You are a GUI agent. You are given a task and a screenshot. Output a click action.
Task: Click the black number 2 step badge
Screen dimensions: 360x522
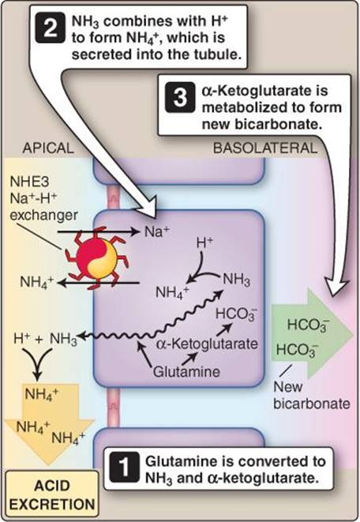[x=49, y=28]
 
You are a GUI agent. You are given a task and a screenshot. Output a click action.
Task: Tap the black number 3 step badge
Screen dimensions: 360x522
[x=180, y=98]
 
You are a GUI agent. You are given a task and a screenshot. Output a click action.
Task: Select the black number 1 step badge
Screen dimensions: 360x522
[x=125, y=467]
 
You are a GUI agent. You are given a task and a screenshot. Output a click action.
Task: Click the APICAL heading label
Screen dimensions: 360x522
[x=48, y=148]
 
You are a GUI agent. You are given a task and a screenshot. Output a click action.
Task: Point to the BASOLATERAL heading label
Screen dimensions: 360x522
[x=265, y=148]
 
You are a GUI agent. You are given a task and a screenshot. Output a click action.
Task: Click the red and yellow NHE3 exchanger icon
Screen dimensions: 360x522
[x=96, y=257]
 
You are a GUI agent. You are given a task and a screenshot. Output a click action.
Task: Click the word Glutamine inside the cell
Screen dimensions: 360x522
[x=186, y=371]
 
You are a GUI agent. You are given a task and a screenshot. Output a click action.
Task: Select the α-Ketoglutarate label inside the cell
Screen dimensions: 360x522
[x=207, y=344]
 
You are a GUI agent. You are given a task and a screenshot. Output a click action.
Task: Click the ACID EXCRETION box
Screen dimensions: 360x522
[x=52, y=495]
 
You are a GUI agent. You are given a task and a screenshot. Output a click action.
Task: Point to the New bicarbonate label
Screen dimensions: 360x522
[x=311, y=395]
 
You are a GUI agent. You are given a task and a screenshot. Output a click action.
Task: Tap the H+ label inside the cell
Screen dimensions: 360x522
[x=204, y=243]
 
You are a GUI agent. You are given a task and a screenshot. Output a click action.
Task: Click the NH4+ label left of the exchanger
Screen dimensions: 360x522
[x=36, y=282]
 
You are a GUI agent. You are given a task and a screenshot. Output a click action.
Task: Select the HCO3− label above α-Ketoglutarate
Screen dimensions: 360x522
[x=236, y=314]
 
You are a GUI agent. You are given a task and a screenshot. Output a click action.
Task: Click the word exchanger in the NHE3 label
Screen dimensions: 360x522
[x=44, y=215]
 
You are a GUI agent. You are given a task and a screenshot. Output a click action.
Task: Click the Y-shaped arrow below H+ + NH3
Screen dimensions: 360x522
[x=38, y=362]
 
